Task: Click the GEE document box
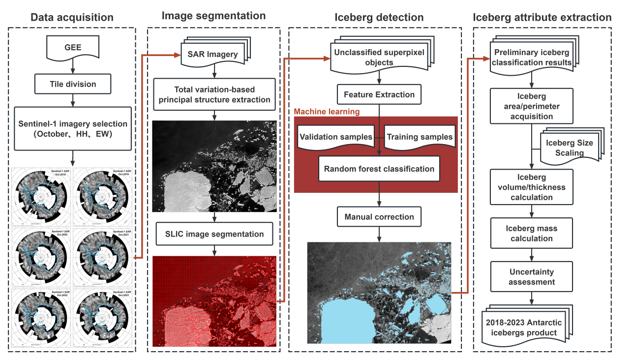click(73, 48)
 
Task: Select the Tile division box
click(73, 84)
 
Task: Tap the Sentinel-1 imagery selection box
click(73, 128)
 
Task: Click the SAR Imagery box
click(212, 54)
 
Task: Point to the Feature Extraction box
click(379, 94)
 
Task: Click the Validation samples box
click(336, 137)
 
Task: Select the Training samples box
click(420, 137)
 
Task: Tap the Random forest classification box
click(379, 169)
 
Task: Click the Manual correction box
click(379, 216)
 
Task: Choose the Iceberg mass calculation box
click(532, 234)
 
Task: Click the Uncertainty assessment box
click(532, 277)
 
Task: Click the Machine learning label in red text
click(327, 112)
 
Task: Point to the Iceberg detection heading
click(379, 18)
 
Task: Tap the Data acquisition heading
click(72, 18)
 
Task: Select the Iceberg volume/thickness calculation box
click(532, 187)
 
